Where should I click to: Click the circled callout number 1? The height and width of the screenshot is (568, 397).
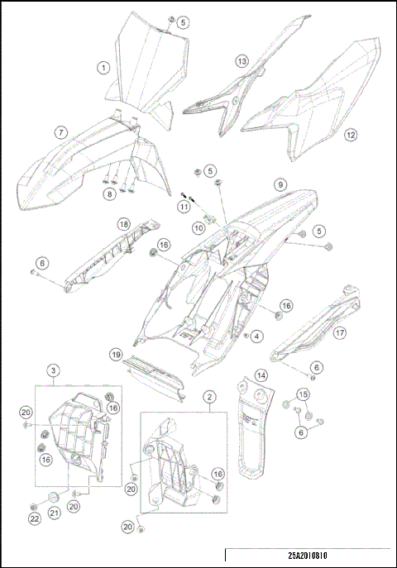tap(104, 68)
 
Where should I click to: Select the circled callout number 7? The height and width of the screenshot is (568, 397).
tap(61, 132)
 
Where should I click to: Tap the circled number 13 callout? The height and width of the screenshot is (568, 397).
tap(242, 62)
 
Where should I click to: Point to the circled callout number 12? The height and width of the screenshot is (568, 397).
tap(351, 134)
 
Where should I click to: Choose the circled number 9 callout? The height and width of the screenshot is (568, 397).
tap(280, 184)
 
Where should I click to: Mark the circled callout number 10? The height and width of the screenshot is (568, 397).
tap(198, 227)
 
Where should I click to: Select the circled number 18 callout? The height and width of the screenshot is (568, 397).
tap(122, 224)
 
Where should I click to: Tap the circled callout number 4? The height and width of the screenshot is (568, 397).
tap(258, 337)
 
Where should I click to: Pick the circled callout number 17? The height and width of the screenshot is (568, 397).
tap(339, 333)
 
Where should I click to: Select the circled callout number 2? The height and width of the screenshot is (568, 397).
tap(210, 398)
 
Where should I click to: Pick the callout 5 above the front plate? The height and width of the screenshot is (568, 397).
tap(183, 22)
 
